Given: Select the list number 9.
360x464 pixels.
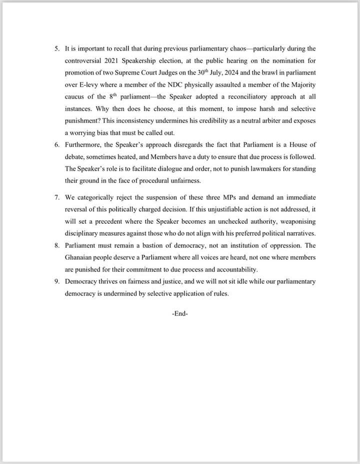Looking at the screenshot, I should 55,282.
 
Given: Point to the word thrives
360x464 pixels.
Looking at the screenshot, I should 112,282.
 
